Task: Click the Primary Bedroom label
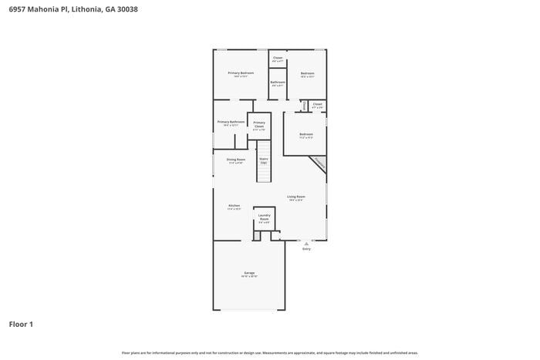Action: click(x=241, y=73)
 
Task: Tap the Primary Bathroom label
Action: click(x=231, y=122)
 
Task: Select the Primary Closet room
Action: click(x=259, y=126)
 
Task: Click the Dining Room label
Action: click(x=235, y=160)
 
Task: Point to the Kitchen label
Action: click(x=234, y=206)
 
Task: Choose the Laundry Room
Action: click(x=264, y=218)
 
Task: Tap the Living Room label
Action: click(x=296, y=197)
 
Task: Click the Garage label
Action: click(x=249, y=273)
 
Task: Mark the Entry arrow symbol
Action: click(x=306, y=244)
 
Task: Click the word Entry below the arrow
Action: click(x=306, y=249)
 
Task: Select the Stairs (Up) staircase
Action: click(x=264, y=162)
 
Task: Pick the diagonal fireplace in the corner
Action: click(x=318, y=163)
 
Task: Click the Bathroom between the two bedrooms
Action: click(x=278, y=83)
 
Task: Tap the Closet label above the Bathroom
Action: click(x=278, y=58)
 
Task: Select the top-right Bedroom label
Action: click(x=307, y=73)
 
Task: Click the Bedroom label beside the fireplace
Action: click(x=305, y=134)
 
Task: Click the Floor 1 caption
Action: click(x=21, y=325)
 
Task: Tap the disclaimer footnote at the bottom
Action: click(x=269, y=352)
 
